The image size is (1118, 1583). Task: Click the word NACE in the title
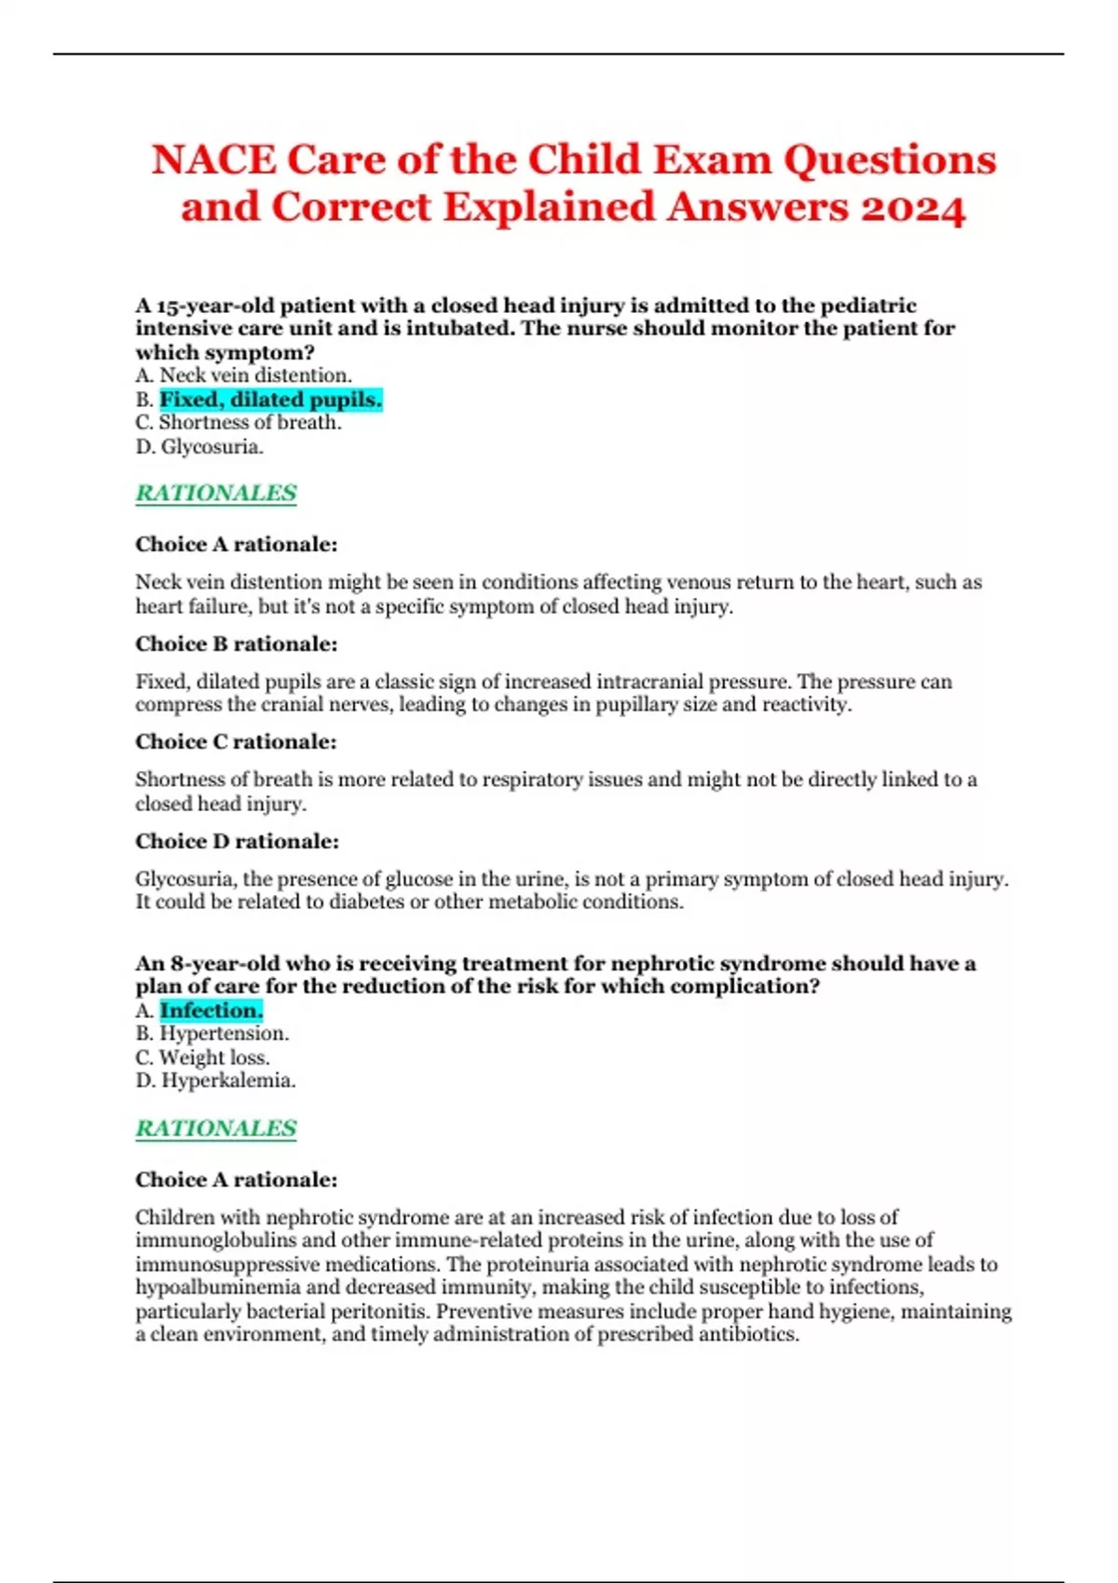tap(213, 159)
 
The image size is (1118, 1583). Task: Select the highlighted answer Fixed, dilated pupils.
tap(270, 399)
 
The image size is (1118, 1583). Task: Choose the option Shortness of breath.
tap(250, 423)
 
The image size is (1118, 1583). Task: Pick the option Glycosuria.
tap(211, 447)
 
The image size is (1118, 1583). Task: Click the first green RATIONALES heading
tap(216, 493)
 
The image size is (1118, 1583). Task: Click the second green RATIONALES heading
tap(216, 1128)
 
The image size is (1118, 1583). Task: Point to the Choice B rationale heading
tap(237, 643)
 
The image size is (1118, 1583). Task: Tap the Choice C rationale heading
tap(237, 741)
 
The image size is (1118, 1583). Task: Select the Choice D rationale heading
tap(238, 841)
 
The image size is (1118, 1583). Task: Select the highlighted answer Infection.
tap(211, 1010)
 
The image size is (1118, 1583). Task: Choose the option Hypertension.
tap(224, 1034)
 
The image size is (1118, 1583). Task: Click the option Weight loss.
tap(214, 1058)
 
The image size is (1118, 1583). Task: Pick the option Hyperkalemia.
tap(228, 1081)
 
